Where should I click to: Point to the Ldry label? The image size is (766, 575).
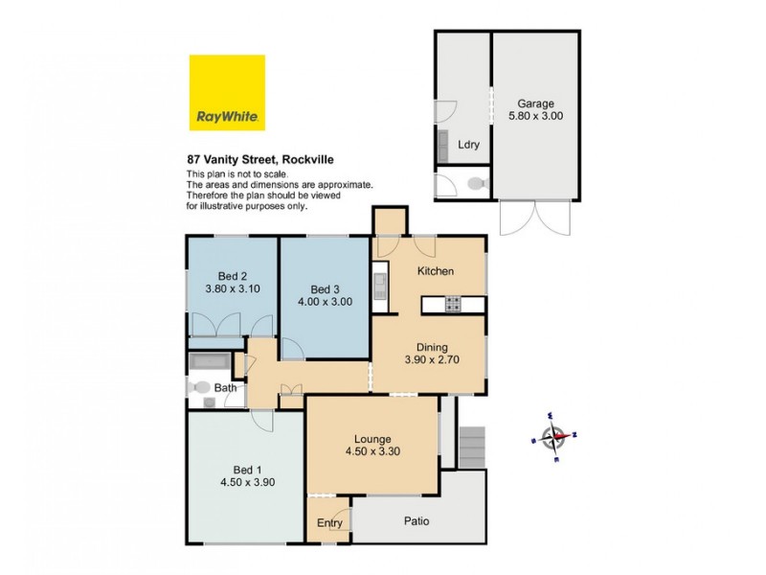coord(468,145)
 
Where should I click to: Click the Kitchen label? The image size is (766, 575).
coord(435,272)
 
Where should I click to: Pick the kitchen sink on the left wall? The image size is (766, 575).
coord(380,284)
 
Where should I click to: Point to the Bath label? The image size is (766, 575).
coord(225,388)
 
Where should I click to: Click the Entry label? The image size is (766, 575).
coord(329,523)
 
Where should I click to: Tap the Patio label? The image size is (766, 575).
coord(416,522)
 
